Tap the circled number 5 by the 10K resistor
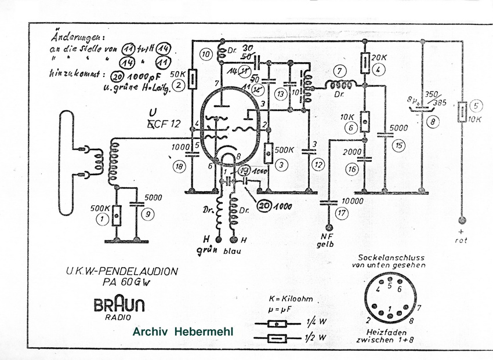pyautogui.click(x=476, y=106)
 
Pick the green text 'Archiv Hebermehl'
pyautogui.click(x=183, y=332)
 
